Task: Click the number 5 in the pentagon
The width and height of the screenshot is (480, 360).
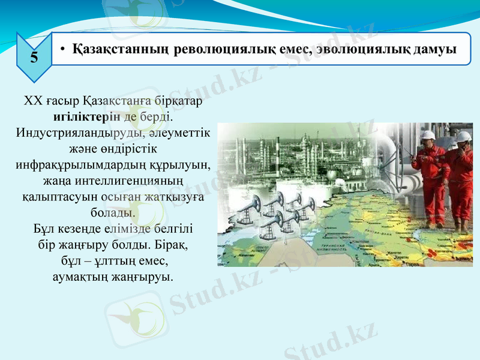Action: (x=34, y=58)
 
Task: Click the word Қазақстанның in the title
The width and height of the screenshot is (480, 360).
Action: (x=119, y=49)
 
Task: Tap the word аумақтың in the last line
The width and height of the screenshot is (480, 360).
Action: (x=78, y=277)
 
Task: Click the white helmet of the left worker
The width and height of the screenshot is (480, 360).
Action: (x=428, y=134)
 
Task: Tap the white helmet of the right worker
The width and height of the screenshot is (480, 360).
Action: (x=463, y=137)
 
